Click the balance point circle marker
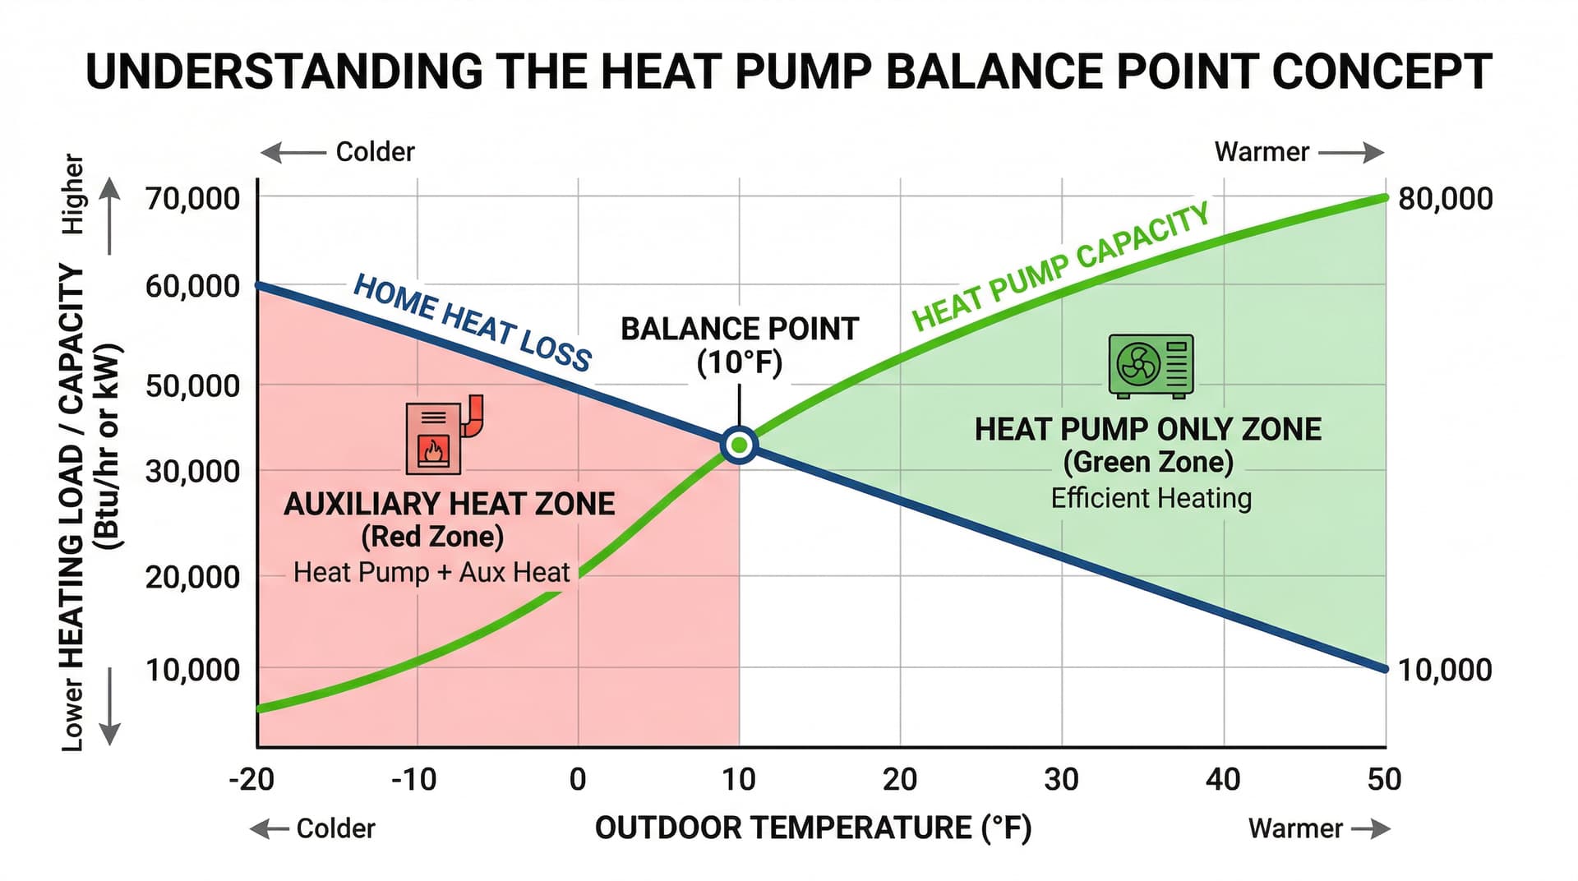tap(739, 445)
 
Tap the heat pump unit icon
tap(1151, 366)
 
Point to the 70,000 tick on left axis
tap(192, 198)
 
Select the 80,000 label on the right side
tap(1445, 198)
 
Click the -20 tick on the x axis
tap(251, 779)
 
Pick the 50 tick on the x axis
tap(1384, 779)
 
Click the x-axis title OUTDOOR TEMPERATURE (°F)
tap(812, 828)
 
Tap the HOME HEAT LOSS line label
tap(472, 322)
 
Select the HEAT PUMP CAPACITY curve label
tap(1060, 266)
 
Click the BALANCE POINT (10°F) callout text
tap(739, 345)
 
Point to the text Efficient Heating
tap(1151, 498)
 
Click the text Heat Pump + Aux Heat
tap(431, 572)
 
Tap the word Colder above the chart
tap(375, 152)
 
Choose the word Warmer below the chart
tap(1295, 828)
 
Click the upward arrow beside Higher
tap(109, 217)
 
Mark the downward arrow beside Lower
tap(109, 707)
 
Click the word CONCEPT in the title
tap(1382, 72)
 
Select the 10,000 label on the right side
tap(1445, 670)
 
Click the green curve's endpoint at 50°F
tap(1384, 198)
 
